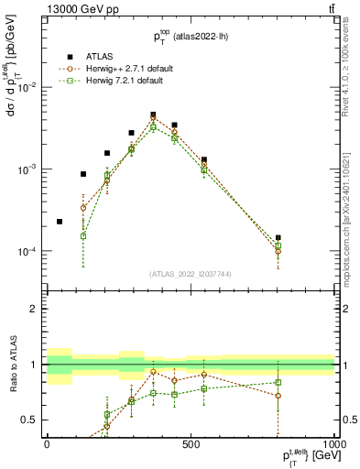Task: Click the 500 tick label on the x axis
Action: pos(190,442)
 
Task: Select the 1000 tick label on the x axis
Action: pos(331,442)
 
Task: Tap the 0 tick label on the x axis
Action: pos(47,442)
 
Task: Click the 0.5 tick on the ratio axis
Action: pos(29,420)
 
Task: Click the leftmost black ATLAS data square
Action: pos(60,222)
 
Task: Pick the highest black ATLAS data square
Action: pos(153,115)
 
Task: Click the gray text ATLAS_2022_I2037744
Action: pos(189,274)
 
